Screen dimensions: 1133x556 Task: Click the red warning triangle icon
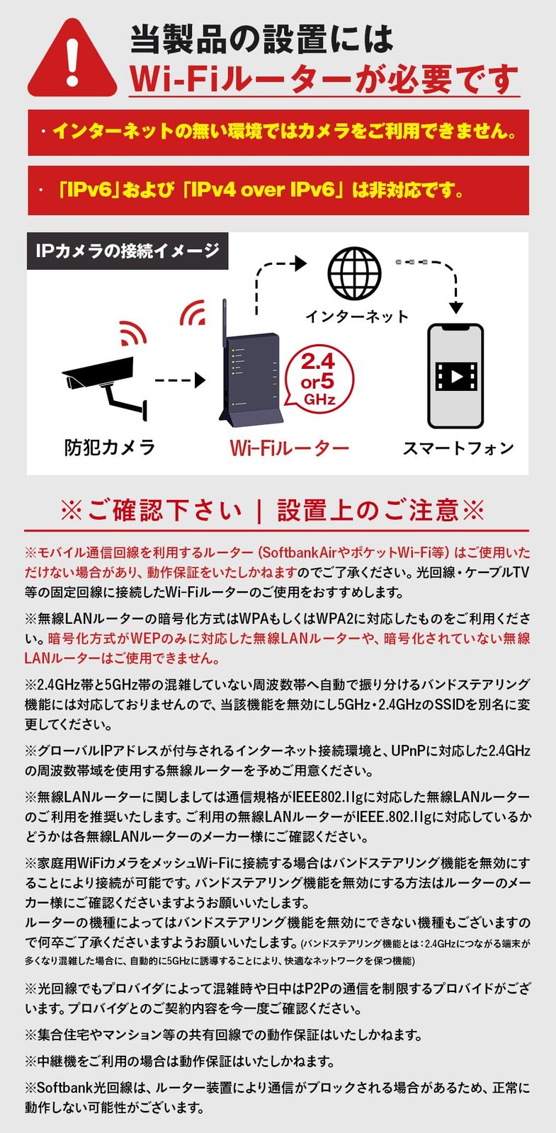coord(73,60)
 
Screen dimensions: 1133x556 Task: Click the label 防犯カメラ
coord(110,448)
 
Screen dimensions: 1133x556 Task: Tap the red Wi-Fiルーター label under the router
coord(289,448)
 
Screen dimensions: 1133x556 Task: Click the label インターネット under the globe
coord(357,317)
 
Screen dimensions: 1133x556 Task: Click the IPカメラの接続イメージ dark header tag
coord(127,251)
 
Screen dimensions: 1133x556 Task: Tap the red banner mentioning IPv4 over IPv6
coord(278,190)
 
